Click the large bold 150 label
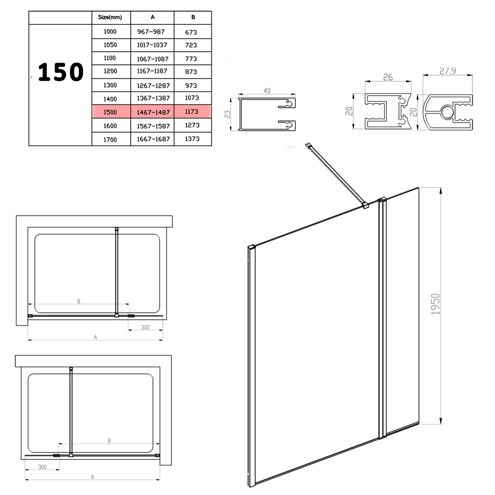(61, 72)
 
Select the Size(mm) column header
(110, 17)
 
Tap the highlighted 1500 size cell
(110, 112)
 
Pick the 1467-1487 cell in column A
(153, 112)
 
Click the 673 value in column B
(191, 32)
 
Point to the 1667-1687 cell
(153, 139)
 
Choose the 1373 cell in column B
(192, 139)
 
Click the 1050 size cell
(110, 45)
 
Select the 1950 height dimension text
(435, 304)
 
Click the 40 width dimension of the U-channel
(267, 91)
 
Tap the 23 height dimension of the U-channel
(228, 114)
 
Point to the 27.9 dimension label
(448, 71)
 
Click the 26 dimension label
(388, 77)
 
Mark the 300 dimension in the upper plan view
(145, 327)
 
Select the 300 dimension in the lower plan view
(42, 467)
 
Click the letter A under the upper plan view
(95, 337)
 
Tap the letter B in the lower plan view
(109, 441)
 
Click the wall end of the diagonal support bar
(308, 146)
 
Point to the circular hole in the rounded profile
(448, 112)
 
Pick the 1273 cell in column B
(192, 125)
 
